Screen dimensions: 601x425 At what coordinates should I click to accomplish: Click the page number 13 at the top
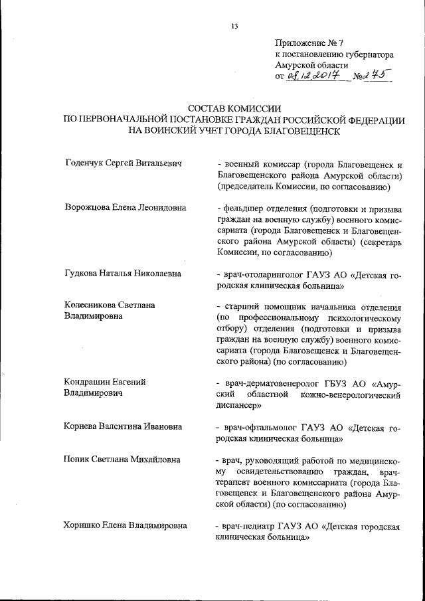pos(234,27)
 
